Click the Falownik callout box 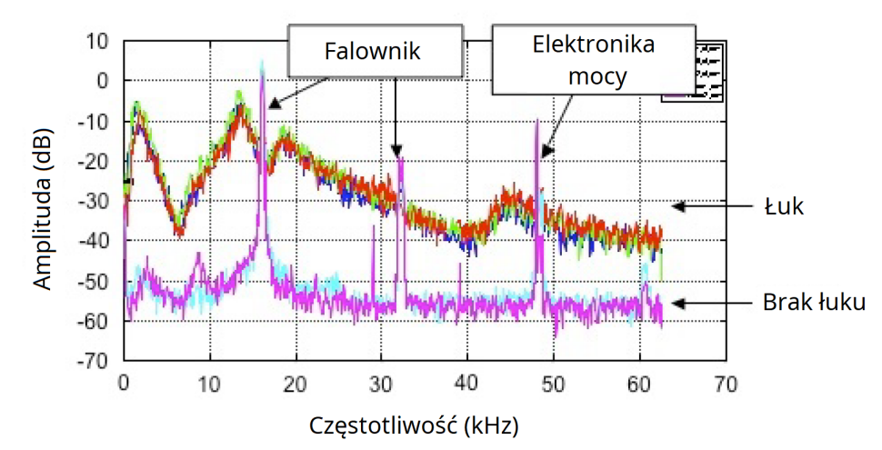[373, 51]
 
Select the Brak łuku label [813, 303]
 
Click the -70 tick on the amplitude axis [94, 361]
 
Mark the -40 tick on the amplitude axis [94, 241]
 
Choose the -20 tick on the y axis [94, 161]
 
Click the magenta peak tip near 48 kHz [536, 121]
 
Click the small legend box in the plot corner [692, 72]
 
